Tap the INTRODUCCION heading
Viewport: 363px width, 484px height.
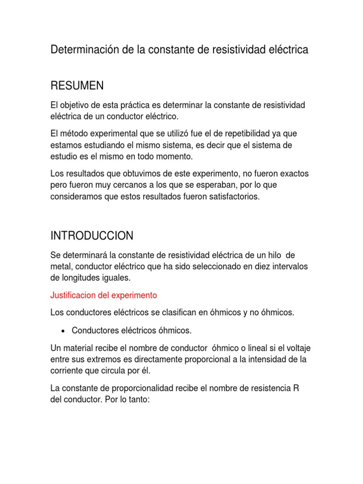click(x=92, y=235)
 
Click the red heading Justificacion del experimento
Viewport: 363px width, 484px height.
click(x=103, y=295)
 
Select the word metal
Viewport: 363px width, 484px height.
click(x=60, y=267)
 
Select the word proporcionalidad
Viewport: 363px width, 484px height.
click(x=150, y=388)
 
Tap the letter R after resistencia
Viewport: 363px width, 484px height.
click(x=296, y=388)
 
